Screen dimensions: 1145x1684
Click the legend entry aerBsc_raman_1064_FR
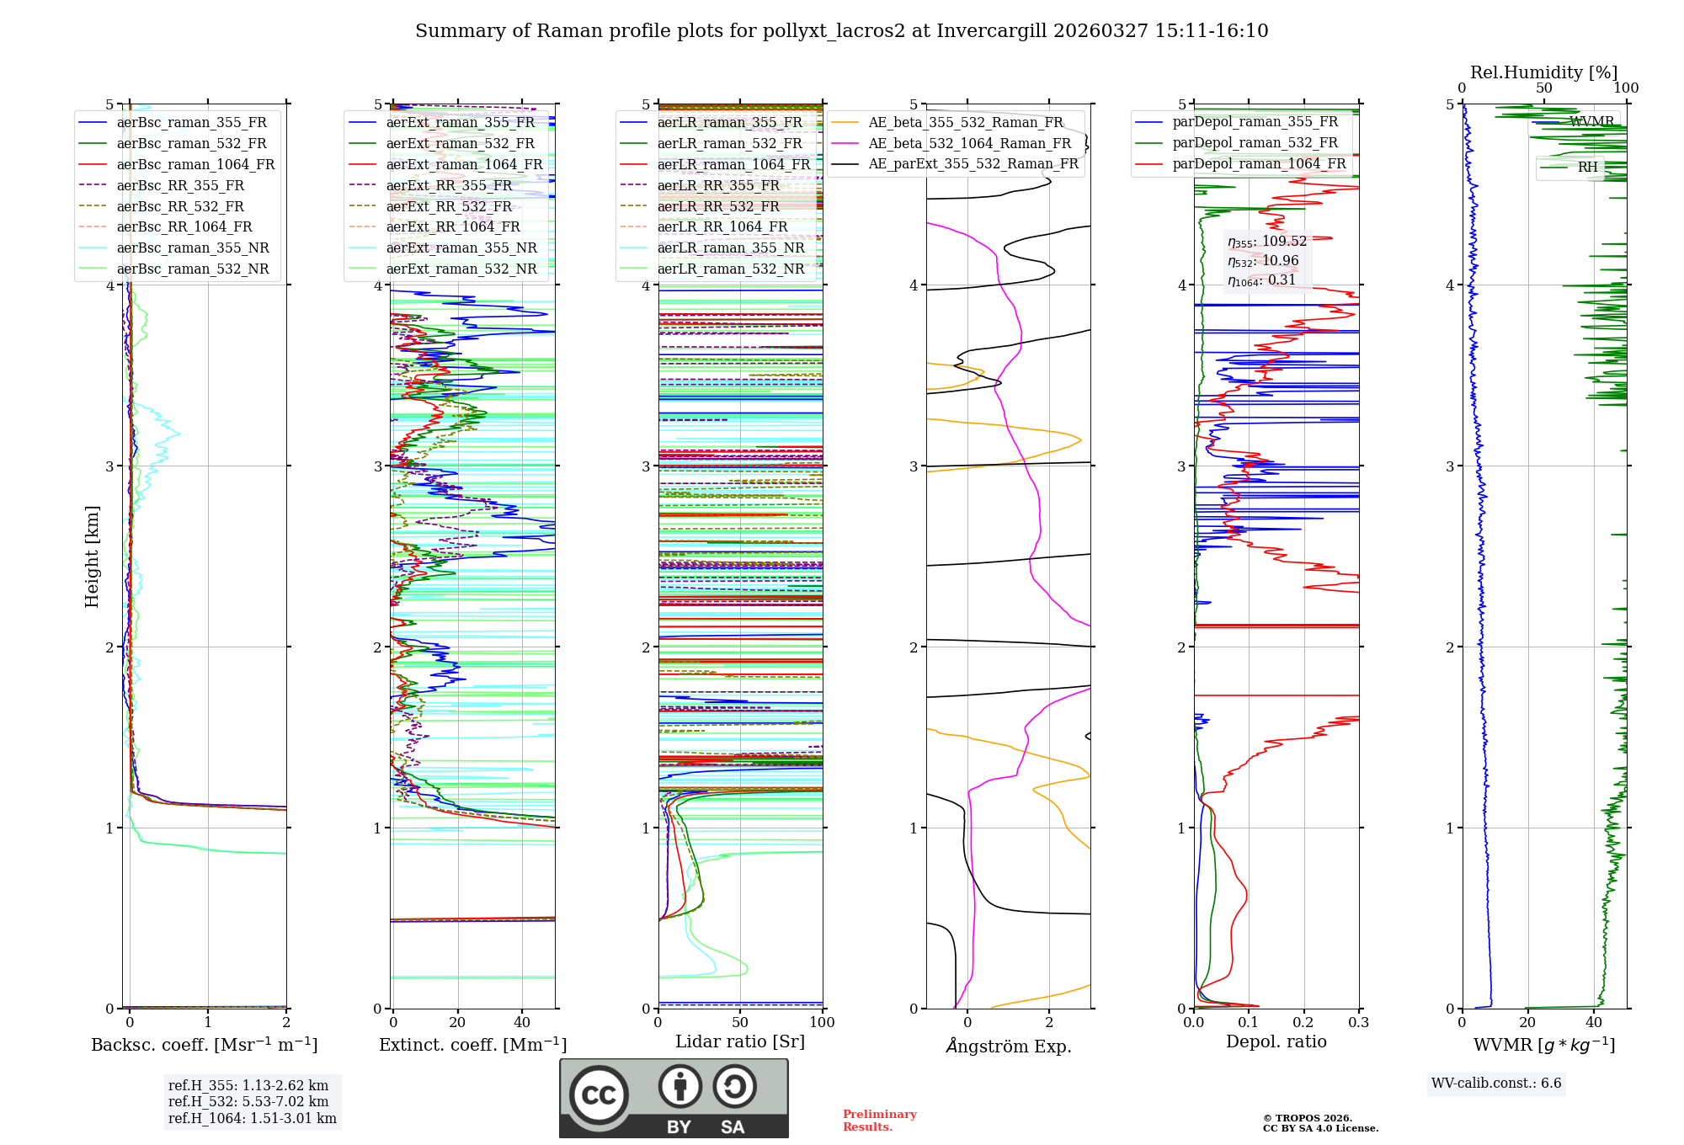click(x=195, y=164)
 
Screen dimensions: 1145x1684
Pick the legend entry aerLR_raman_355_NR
click(x=731, y=248)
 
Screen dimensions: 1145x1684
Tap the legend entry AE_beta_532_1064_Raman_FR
click(x=969, y=143)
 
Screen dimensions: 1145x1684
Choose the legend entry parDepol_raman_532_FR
click(x=1255, y=142)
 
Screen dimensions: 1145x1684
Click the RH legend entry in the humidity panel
click(x=1587, y=167)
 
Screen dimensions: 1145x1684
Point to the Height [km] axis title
click(x=92, y=557)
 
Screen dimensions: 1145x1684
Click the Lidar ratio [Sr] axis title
click(x=739, y=1041)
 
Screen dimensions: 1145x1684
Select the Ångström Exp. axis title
click(x=1008, y=1046)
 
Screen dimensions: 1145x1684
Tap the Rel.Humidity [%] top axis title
click(x=1543, y=72)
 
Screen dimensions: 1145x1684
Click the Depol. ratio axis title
click(x=1276, y=1041)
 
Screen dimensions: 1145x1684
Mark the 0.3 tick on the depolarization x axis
click(x=1358, y=1022)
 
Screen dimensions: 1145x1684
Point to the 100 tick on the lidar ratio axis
click(x=822, y=1022)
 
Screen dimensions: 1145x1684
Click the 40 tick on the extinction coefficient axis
click(x=522, y=1022)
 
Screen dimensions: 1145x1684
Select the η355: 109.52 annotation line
click(x=1266, y=242)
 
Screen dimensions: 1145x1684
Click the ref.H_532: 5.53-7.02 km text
click(x=248, y=1101)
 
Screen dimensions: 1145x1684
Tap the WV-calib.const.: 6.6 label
click(x=1496, y=1083)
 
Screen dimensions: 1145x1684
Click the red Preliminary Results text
click(x=879, y=1120)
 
